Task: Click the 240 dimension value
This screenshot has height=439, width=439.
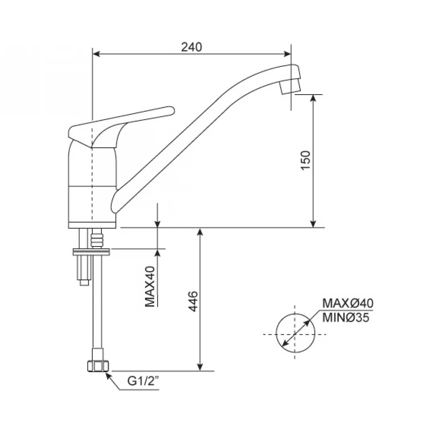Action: point(191,47)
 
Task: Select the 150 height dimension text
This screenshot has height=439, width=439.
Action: point(306,160)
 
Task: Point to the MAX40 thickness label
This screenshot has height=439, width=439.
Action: point(150,286)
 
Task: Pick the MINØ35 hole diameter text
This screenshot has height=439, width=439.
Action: point(346,318)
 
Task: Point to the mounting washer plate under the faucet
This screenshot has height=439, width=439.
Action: point(91,252)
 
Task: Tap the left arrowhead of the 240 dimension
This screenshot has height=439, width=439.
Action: point(96,54)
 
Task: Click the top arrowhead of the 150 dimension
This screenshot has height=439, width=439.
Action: point(314,98)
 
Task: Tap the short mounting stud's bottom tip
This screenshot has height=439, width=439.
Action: point(84,283)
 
